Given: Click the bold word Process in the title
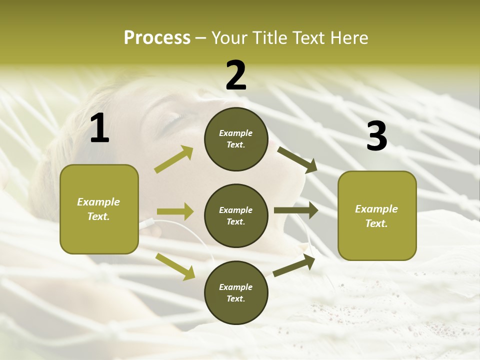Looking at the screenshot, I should [157, 38].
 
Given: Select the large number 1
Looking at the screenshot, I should [99, 128].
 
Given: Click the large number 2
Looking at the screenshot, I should [236, 75].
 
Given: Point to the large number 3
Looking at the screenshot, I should [376, 136].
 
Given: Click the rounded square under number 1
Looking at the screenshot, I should [99, 209].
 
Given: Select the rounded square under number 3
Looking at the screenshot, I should [377, 216].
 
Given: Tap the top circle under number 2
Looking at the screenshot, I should [236, 139].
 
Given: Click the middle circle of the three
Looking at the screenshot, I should [236, 215].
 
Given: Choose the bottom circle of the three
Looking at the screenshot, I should [236, 292].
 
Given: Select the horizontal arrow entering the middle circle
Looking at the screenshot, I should [174, 211].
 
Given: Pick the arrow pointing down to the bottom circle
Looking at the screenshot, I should [175, 266].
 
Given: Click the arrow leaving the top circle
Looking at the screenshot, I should [297, 159].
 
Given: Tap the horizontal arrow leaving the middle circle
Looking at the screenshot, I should [296, 210].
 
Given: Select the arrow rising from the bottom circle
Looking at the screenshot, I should [294, 265].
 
